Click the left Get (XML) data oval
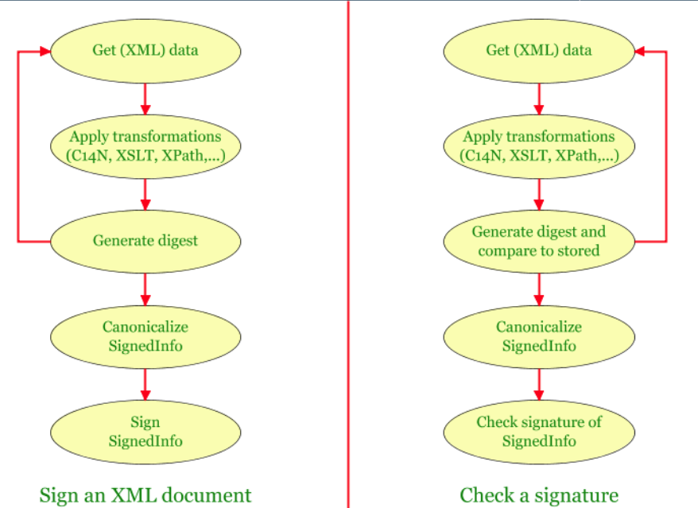pyautogui.click(x=145, y=50)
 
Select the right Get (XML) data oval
pyautogui.click(x=539, y=50)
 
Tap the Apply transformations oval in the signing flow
pyautogui.click(x=145, y=145)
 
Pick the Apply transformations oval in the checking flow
pyautogui.click(x=539, y=145)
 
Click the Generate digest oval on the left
pyautogui.click(x=145, y=240)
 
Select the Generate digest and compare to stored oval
pyautogui.click(x=539, y=240)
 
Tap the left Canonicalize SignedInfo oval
pyautogui.click(x=145, y=335)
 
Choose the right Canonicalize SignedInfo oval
pyautogui.click(x=539, y=335)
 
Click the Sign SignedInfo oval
pyautogui.click(x=145, y=430)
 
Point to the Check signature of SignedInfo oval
pyautogui.click(x=539, y=430)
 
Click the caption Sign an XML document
pyautogui.click(x=145, y=494)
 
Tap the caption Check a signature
pyautogui.click(x=539, y=494)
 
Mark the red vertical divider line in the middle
pyautogui.click(x=348, y=254)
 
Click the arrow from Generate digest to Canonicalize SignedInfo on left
pyautogui.click(x=145, y=288)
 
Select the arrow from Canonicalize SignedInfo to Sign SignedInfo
pyautogui.click(x=145, y=382)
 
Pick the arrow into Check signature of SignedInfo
pyautogui.click(x=539, y=382)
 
